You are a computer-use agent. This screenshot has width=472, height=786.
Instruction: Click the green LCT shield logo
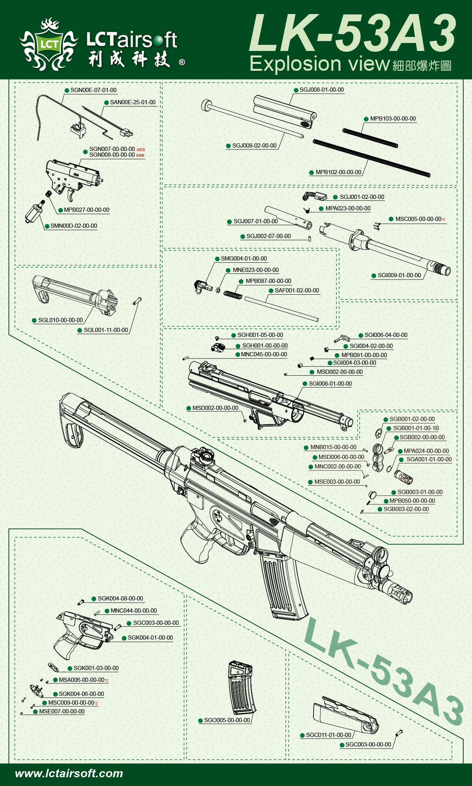(x=49, y=44)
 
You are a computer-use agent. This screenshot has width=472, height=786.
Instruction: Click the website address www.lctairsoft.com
(x=69, y=773)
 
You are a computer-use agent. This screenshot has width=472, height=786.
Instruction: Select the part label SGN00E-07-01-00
(x=93, y=90)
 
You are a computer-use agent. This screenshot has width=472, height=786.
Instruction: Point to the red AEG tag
(x=141, y=149)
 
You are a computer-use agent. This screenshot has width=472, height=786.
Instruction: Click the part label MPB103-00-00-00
(x=393, y=119)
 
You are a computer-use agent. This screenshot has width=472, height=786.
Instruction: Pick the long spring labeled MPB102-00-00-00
(x=371, y=158)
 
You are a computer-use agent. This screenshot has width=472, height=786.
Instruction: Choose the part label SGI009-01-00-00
(x=399, y=275)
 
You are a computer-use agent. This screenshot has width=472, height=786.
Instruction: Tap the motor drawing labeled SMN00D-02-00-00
(x=34, y=212)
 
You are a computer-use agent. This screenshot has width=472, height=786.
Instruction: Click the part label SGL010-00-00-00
(x=60, y=320)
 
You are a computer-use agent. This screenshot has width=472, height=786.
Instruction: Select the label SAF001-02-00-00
(x=297, y=291)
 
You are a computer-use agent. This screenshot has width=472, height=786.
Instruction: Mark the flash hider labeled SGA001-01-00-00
(x=403, y=476)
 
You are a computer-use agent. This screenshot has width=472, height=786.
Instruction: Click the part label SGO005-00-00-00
(x=227, y=720)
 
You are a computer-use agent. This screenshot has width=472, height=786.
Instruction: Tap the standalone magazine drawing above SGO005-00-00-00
(x=241, y=688)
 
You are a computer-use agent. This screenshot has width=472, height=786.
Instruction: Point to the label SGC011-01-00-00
(x=328, y=735)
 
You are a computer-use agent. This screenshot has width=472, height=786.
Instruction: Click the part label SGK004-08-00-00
(x=120, y=599)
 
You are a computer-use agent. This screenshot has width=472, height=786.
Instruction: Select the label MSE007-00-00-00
(x=62, y=711)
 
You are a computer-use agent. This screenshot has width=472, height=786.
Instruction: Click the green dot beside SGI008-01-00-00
(x=305, y=384)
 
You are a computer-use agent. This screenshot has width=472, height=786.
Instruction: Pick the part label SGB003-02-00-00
(x=406, y=509)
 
